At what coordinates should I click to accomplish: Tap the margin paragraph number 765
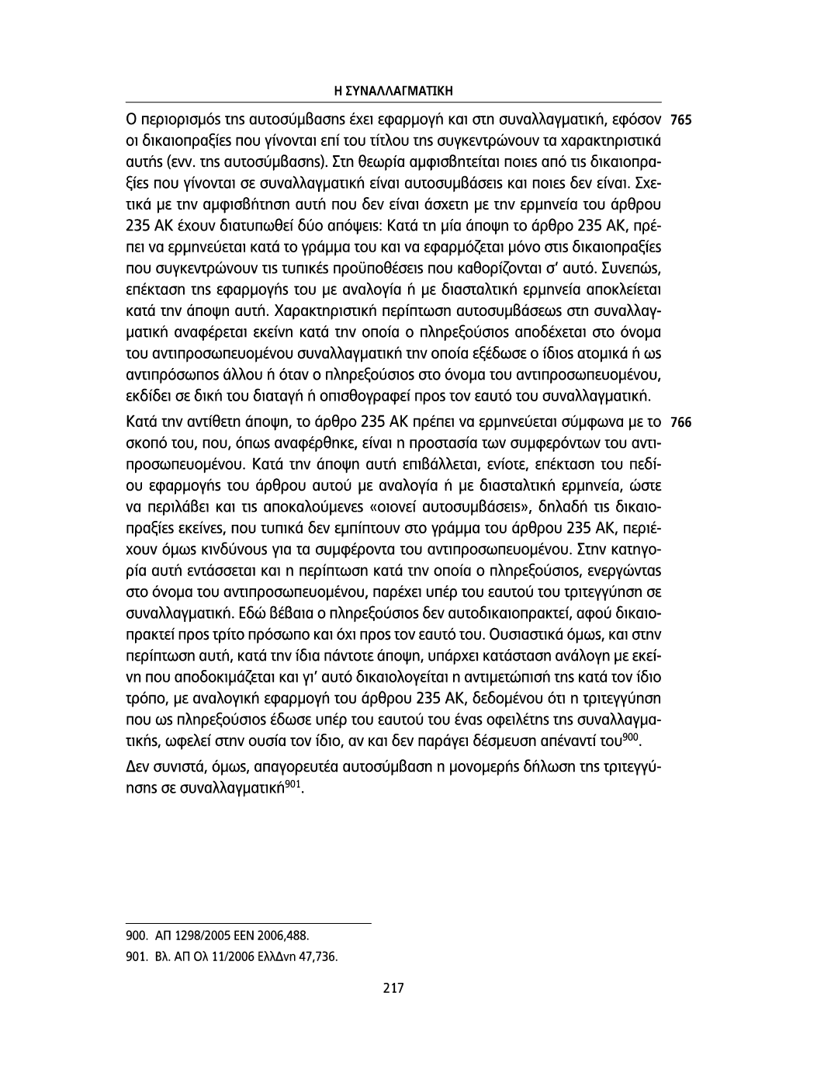(680, 122)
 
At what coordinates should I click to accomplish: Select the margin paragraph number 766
(680, 424)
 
